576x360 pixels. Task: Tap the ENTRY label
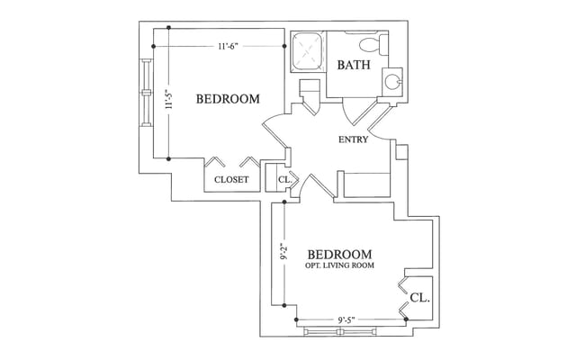point(353,139)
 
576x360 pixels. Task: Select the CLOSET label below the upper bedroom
point(231,179)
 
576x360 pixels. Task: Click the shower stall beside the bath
point(308,49)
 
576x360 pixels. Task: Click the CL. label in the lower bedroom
point(419,296)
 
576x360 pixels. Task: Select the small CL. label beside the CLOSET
point(283,179)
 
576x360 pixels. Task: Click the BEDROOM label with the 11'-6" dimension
point(228,99)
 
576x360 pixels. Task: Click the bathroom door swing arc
point(354,112)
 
